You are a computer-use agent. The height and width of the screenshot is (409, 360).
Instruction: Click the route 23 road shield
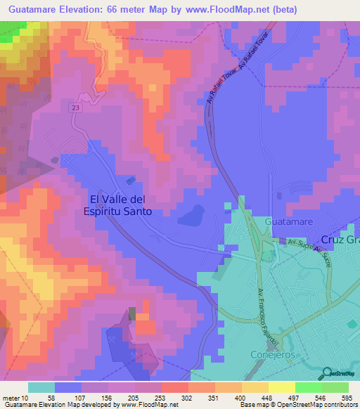[x=75, y=108]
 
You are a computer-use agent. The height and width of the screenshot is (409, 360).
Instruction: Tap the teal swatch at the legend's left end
[x=41, y=387]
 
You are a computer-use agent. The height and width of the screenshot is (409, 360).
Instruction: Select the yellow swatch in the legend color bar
[x=282, y=387]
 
